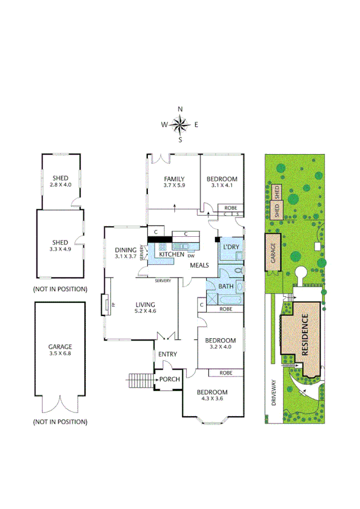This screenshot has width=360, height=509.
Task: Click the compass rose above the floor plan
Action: pyautogui.click(x=180, y=125)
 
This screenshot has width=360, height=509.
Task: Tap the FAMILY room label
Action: pyautogui.click(x=174, y=179)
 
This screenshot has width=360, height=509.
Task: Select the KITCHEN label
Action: pyautogui.click(x=171, y=255)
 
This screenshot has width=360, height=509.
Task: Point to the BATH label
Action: pyautogui.click(x=226, y=287)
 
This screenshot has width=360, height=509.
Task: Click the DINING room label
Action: pyautogui.click(x=126, y=249)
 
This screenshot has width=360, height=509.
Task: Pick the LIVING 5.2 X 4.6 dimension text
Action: pyautogui.click(x=146, y=311)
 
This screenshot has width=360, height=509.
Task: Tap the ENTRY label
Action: pyautogui.click(x=167, y=354)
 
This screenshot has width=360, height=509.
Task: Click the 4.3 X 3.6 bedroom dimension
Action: pyautogui.click(x=213, y=400)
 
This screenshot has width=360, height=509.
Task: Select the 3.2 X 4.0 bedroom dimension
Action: pyautogui.click(x=222, y=347)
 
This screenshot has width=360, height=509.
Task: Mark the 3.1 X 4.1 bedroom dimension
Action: pyautogui.click(x=222, y=186)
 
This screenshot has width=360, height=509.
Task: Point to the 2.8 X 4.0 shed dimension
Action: pyautogui.click(x=60, y=185)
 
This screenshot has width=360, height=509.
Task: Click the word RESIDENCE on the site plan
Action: pyautogui.click(x=305, y=335)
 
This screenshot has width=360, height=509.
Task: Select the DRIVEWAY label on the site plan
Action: pyautogui.click(x=274, y=393)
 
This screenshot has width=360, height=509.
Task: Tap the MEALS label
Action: pyautogui.click(x=199, y=264)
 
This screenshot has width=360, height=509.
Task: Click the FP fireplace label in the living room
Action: pyautogui.click(x=113, y=305)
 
